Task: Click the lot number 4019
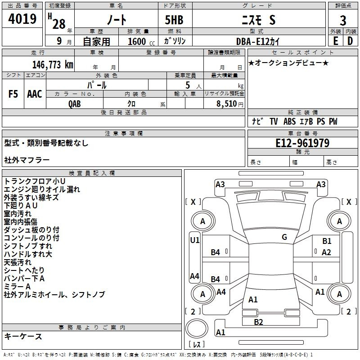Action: tap(22, 19)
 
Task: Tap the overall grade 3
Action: tap(343, 21)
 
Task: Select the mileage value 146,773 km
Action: tap(53, 65)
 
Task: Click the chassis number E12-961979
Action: tap(302, 143)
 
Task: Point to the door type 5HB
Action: tap(174, 20)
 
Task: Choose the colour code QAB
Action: tap(75, 104)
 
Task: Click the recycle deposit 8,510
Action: tap(227, 104)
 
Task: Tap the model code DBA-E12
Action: tap(252, 41)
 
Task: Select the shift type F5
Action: tap(13, 94)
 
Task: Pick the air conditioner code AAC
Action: tap(35, 94)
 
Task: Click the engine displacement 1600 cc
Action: tap(141, 41)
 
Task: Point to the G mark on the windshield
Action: tap(284, 237)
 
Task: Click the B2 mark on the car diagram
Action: tap(258, 322)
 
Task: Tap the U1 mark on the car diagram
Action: tap(195, 240)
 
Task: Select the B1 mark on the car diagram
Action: tap(327, 241)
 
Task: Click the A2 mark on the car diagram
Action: tap(326, 252)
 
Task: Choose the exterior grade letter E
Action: tap(335, 41)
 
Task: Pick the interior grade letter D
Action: tap(350, 41)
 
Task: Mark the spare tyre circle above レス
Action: tap(197, 328)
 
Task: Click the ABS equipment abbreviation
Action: tap(289, 121)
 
